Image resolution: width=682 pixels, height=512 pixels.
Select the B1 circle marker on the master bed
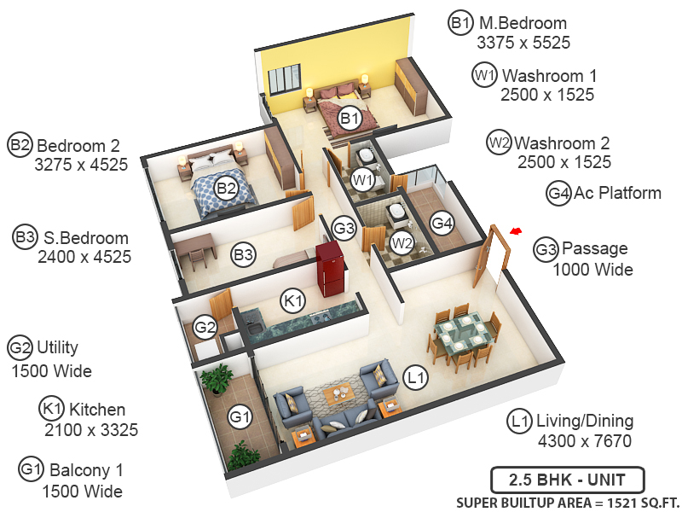click(x=349, y=119)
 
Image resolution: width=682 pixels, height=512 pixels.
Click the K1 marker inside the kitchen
click(x=293, y=300)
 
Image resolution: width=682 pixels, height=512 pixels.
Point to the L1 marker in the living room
click(x=416, y=375)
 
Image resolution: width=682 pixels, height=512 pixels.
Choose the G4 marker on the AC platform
click(x=442, y=224)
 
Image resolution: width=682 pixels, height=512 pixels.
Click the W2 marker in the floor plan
click(x=402, y=243)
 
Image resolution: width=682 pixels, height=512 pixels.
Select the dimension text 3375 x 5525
click(x=523, y=43)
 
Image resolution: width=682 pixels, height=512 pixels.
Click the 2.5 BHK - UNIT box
click(x=568, y=479)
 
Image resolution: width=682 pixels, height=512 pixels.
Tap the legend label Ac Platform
click(x=617, y=193)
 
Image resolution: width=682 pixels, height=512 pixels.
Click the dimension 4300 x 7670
click(x=584, y=441)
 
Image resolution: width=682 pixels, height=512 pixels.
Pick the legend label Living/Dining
click(x=584, y=421)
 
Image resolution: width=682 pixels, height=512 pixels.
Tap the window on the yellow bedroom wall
click(x=288, y=81)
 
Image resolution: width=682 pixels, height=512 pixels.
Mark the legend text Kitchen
click(x=97, y=410)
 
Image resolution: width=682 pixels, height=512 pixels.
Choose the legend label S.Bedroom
click(x=83, y=238)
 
